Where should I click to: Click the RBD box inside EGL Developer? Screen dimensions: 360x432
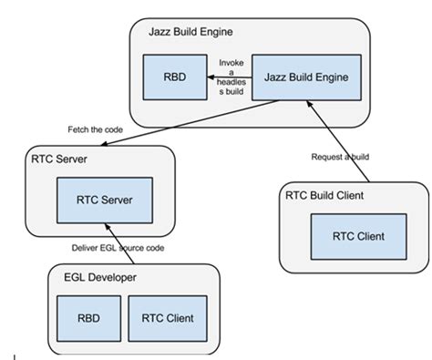coord(84,317)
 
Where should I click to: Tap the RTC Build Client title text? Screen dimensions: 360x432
coord(325,195)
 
